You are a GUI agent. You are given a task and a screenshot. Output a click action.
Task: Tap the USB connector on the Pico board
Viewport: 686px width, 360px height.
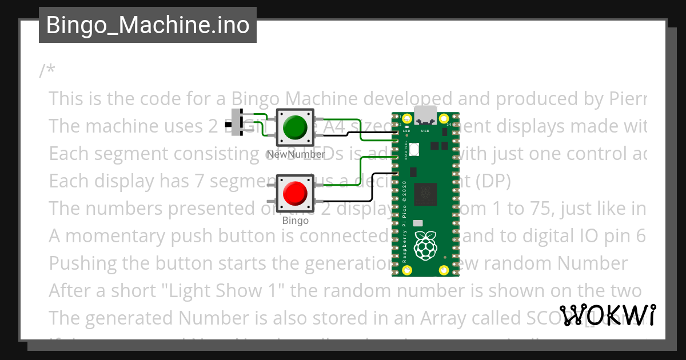(x=426, y=115)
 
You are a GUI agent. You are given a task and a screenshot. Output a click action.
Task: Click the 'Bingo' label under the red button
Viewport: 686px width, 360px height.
(x=295, y=221)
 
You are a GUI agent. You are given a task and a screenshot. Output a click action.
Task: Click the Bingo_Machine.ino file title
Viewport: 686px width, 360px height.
(x=147, y=26)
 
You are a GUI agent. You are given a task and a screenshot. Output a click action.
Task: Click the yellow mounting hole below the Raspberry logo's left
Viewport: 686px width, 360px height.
(x=407, y=270)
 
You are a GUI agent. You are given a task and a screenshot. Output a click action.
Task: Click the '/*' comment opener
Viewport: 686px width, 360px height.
(x=47, y=71)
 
